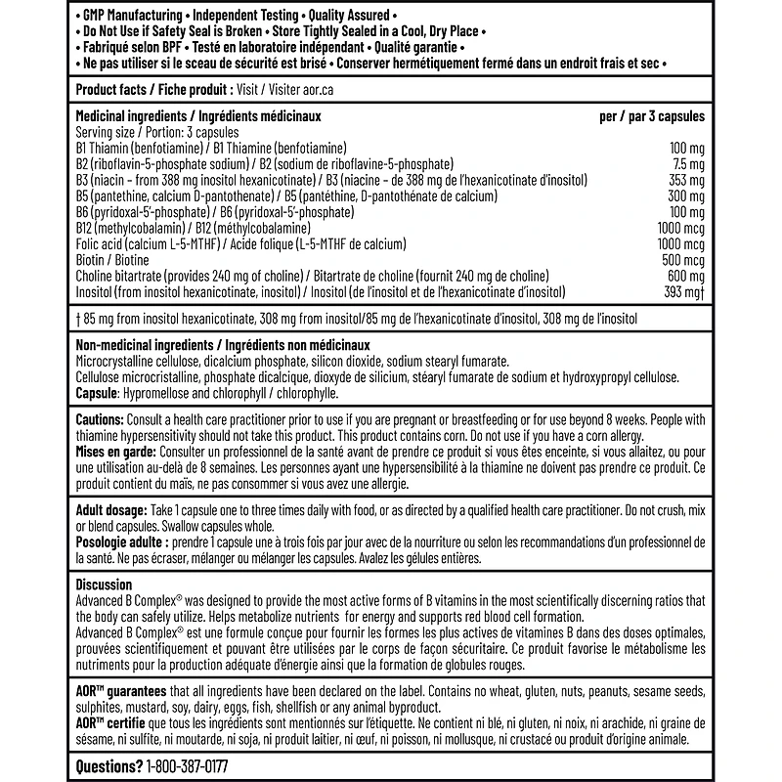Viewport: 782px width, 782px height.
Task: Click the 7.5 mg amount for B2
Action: point(687,163)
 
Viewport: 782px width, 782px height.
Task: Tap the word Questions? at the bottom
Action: point(108,767)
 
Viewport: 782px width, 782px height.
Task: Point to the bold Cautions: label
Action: point(104,418)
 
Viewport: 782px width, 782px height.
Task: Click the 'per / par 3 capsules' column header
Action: point(651,115)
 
